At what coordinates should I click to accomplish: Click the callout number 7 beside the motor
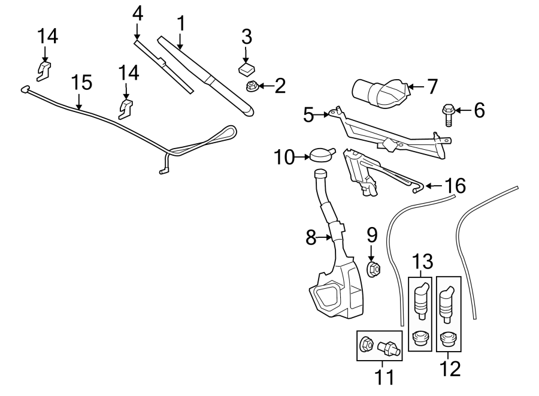pos(432,86)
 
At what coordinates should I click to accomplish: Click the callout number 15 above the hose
pos(81,83)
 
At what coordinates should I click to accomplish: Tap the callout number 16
pos(456,186)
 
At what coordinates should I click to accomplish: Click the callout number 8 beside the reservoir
pos(311,237)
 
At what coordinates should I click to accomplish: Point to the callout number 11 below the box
pos(384,377)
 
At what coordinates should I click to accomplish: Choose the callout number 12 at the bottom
pos(450,369)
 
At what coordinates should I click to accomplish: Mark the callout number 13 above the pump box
pos(422,262)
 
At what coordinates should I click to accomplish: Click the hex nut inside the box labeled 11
pos(365,344)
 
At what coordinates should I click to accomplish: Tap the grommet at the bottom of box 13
pos(419,337)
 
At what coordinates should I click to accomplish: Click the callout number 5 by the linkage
pos(308,115)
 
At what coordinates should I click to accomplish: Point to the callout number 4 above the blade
pos(137,14)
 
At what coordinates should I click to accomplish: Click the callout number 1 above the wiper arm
pos(181,23)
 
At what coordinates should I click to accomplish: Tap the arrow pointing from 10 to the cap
pos(302,157)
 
